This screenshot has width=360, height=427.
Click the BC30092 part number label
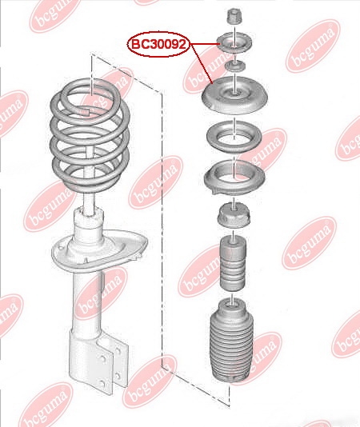click(158, 45)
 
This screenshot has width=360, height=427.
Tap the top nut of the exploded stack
click(234, 16)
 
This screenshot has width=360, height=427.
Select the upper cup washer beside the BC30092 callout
click(234, 42)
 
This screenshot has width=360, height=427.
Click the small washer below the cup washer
click(234, 66)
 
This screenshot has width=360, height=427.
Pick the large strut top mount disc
click(234, 95)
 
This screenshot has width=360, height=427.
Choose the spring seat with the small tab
click(234, 178)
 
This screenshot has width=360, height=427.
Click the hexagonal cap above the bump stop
click(234, 215)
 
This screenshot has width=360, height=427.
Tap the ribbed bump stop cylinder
click(233, 263)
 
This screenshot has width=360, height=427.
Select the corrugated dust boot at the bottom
click(232, 341)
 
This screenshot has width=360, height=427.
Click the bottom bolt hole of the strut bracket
click(102, 384)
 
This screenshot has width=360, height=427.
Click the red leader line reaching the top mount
click(202, 64)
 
